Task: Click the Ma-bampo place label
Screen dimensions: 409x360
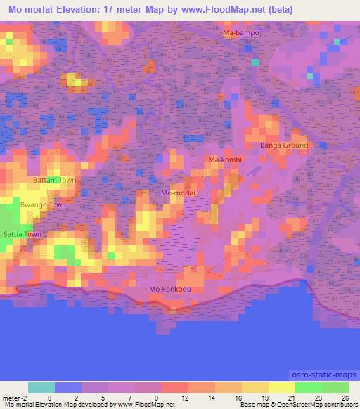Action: pos(240,33)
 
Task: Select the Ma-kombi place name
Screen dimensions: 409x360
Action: pos(225,160)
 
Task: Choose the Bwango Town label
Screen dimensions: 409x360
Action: pos(43,205)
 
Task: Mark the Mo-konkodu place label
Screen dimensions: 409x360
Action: pos(169,290)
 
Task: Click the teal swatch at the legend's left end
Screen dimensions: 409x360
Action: pos(41,387)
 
